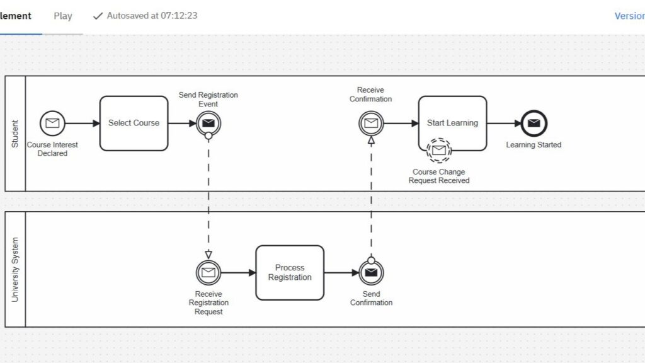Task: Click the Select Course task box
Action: click(134, 123)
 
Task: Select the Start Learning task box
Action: click(452, 123)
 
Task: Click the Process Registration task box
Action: click(290, 272)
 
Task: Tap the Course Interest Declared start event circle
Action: click(52, 123)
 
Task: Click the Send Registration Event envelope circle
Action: click(208, 123)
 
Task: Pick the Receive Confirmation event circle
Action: click(371, 123)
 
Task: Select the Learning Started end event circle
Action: click(534, 123)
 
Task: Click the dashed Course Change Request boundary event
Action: click(438, 150)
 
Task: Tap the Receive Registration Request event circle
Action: click(208, 272)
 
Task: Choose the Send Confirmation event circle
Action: click(371, 272)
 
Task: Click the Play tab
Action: click(62, 16)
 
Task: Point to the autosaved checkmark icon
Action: click(98, 16)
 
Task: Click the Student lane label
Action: click(15, 134)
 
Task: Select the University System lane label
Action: click(15, 270)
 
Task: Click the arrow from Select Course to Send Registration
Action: click(182, 123)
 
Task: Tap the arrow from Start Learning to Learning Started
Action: click(504, 123)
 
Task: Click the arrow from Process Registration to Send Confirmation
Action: click(341, 272)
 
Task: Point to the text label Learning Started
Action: click(534, 145)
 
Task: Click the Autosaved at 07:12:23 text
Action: click(152, 16)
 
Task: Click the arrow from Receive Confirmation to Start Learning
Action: click(401, 123)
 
